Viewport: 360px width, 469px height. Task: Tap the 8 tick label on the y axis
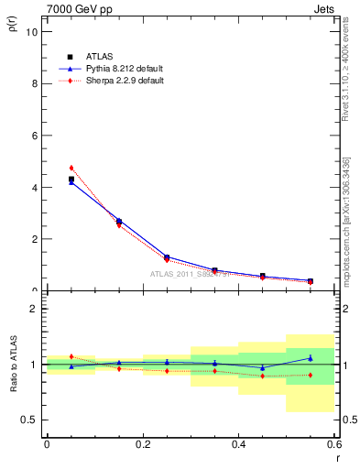click(x=34, y=83)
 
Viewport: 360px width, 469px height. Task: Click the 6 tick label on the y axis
click(x=34, y=136)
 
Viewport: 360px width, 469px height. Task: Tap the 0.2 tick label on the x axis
click(x=143, y=444)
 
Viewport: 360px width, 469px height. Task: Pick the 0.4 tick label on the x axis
click(x=239, y=444)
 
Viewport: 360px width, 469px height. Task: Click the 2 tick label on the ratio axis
click(x=34, y=309)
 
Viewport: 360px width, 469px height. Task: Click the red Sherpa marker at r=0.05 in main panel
click(x=71, y=168)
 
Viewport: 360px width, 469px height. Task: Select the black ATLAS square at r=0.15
click(x=119, y=221)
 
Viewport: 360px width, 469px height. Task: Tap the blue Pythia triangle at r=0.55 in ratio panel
click(x=311, y=358)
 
